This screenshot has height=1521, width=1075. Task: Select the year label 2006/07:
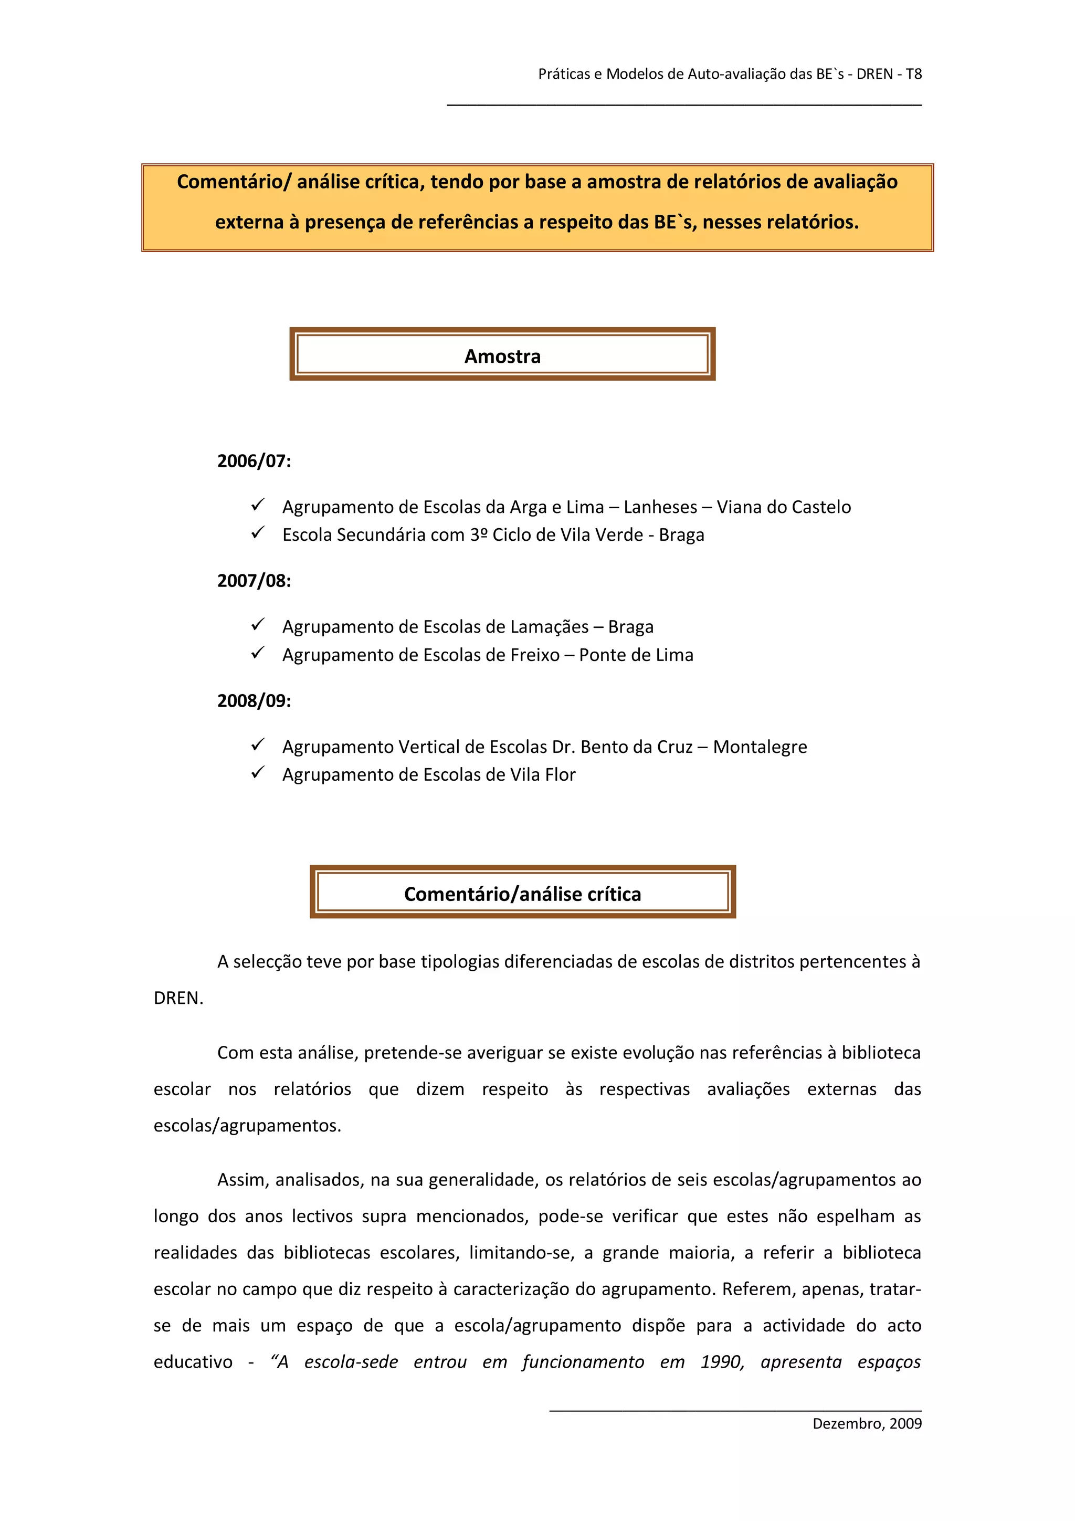254,461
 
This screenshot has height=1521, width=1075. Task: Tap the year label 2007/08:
254,581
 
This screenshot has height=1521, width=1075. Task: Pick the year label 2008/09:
254,701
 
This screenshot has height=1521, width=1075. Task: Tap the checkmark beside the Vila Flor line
258,772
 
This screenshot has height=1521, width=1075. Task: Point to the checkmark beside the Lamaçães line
258,625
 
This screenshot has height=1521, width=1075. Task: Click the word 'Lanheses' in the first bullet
660,508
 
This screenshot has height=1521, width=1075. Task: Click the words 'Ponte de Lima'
636,655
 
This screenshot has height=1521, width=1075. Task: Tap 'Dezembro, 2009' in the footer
867,1424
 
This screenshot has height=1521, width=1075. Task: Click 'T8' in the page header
913,74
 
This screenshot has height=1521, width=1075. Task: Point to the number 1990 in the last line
722,1362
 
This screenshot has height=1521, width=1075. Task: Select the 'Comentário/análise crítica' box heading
523,894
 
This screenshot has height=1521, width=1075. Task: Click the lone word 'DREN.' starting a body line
178,998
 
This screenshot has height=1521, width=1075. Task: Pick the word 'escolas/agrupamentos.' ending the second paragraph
247,1126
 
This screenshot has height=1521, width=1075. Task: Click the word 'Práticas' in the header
564,74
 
